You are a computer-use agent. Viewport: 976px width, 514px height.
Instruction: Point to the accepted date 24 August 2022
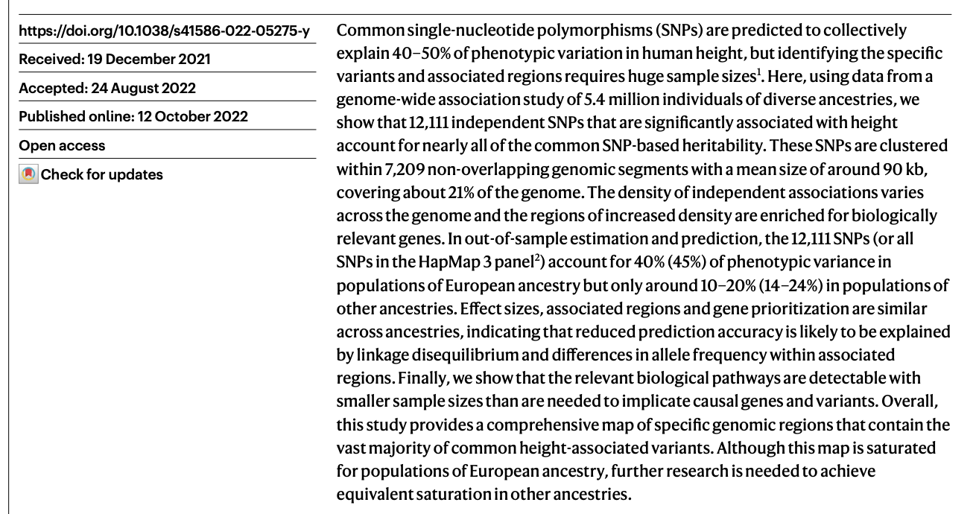142,89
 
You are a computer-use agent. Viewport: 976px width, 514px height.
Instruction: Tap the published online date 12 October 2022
184,118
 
